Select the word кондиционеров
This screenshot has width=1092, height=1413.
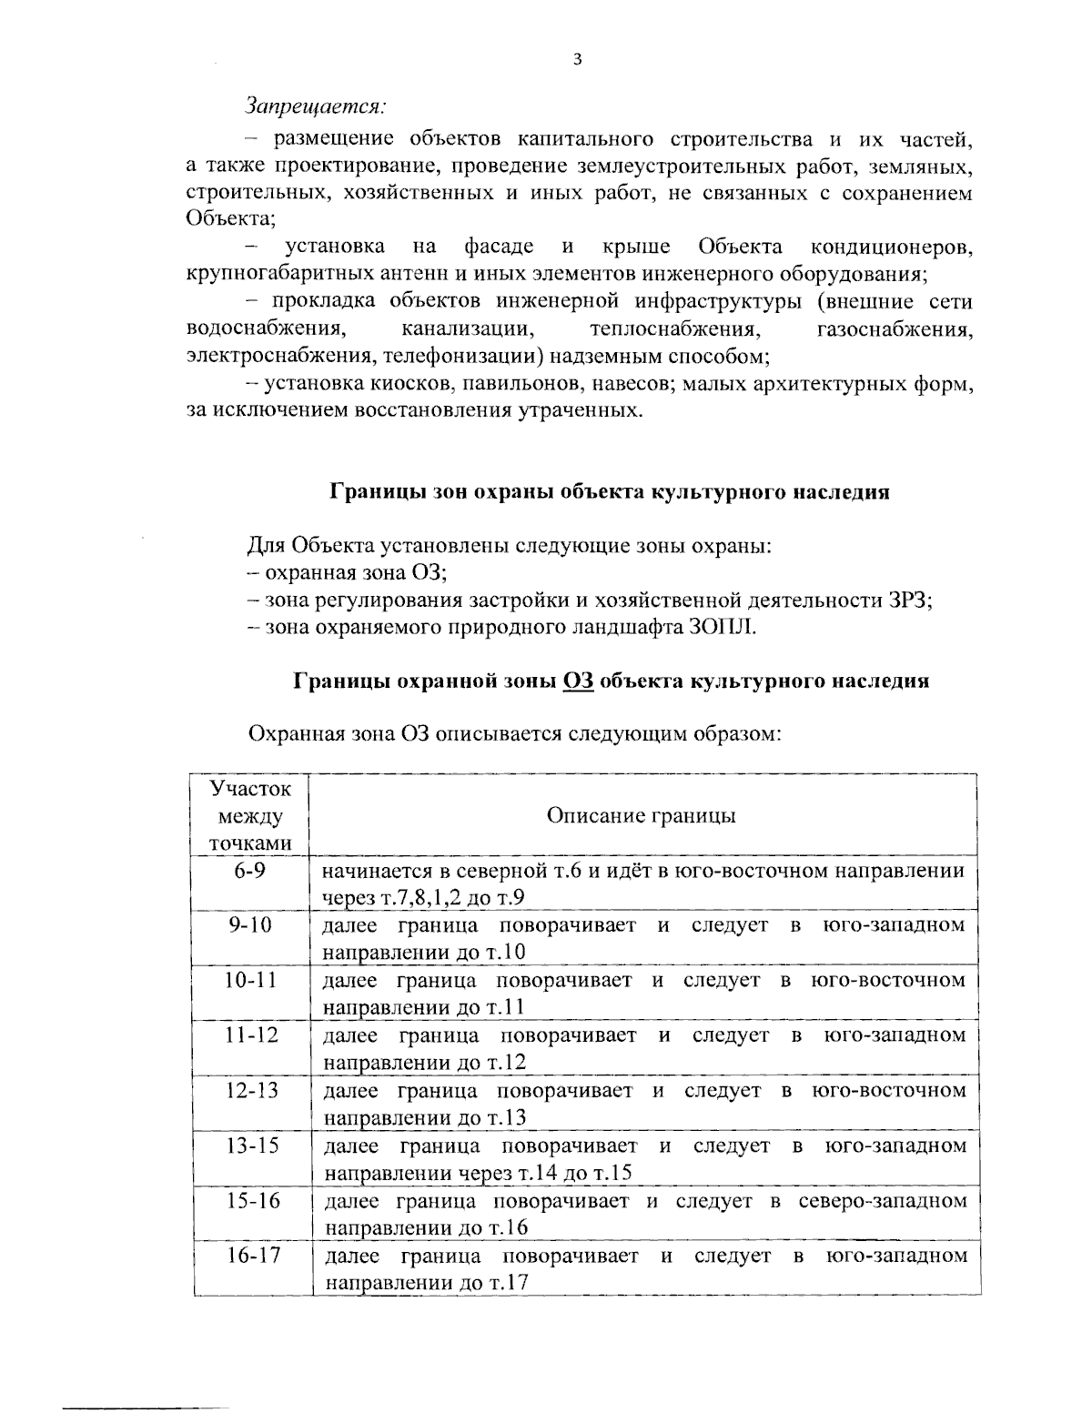891,247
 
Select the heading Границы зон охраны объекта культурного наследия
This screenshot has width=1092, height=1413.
609,492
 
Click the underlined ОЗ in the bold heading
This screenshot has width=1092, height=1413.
579,681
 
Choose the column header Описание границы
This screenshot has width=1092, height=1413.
641,815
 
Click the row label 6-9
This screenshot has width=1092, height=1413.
249,871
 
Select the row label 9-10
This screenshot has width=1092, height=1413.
249,925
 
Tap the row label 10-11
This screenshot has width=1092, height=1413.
249,980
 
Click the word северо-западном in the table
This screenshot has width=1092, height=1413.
882,1201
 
